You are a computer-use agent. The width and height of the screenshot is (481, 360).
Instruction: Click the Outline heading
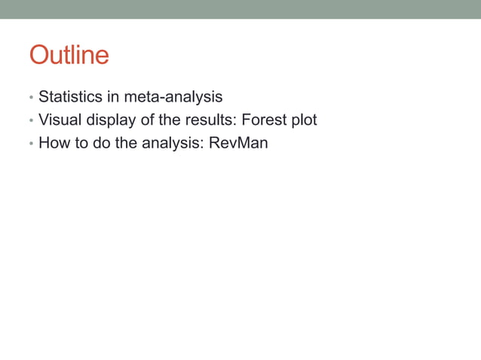pyautogui.click(x=69, y=55)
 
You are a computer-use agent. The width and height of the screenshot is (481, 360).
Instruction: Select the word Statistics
pyautogui.click(x=69, y=96)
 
